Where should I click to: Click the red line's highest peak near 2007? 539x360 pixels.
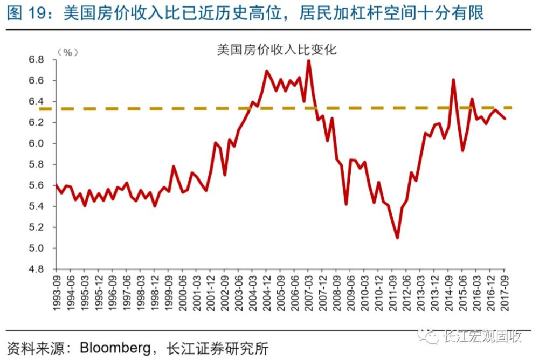(308, 60)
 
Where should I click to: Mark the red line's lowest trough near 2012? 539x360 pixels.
(397, 238)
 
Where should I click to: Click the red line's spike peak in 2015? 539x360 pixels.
(453, 80)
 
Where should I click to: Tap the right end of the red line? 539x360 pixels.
(505, 119)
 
